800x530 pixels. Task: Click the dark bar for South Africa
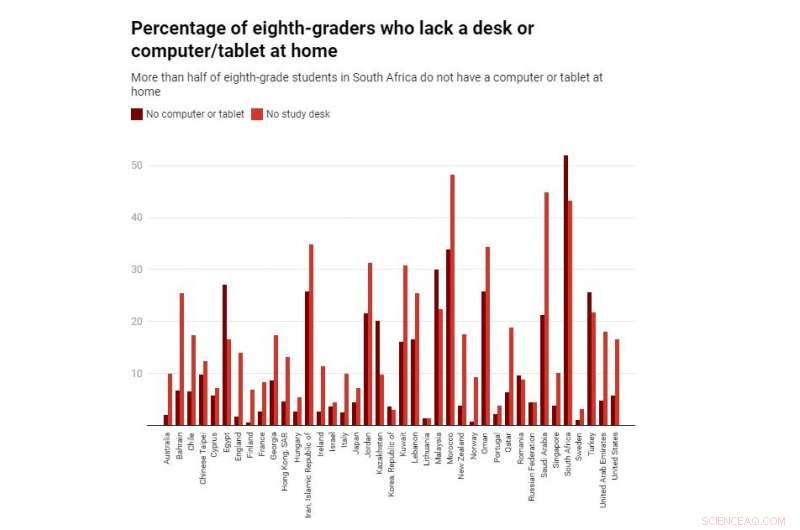click(x=566, y=290)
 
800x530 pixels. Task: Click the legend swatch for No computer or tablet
click(x=137, y=114)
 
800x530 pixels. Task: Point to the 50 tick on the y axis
click(x=136, y=165)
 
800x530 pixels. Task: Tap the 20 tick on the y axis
click(x=136, y=322)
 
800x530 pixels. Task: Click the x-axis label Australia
click(x=168, y=451)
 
